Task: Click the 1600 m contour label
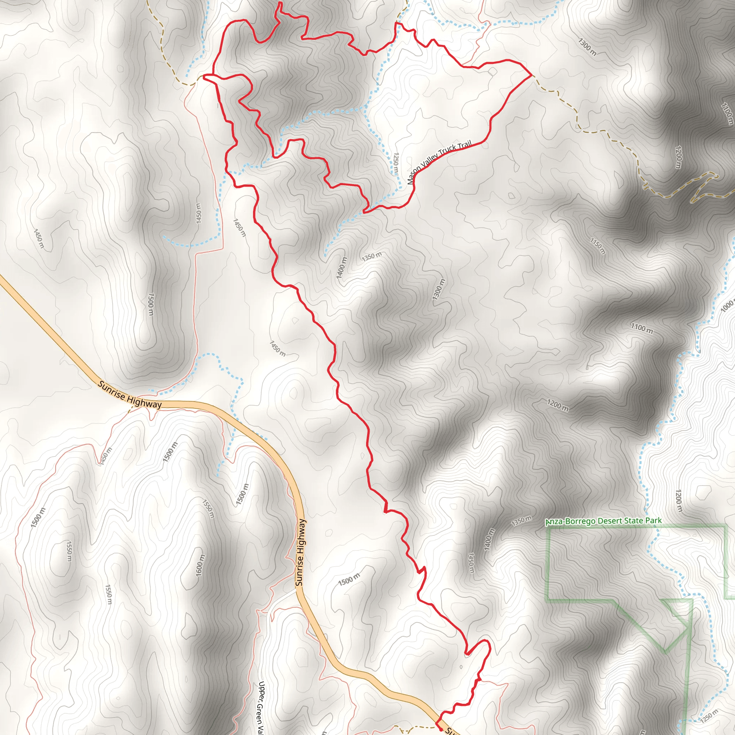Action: [201, 565]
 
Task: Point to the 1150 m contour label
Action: [598, 246]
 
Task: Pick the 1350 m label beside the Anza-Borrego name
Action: [521, 521]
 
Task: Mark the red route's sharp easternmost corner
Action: [531, 76]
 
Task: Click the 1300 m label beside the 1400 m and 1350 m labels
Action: [438, 289]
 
